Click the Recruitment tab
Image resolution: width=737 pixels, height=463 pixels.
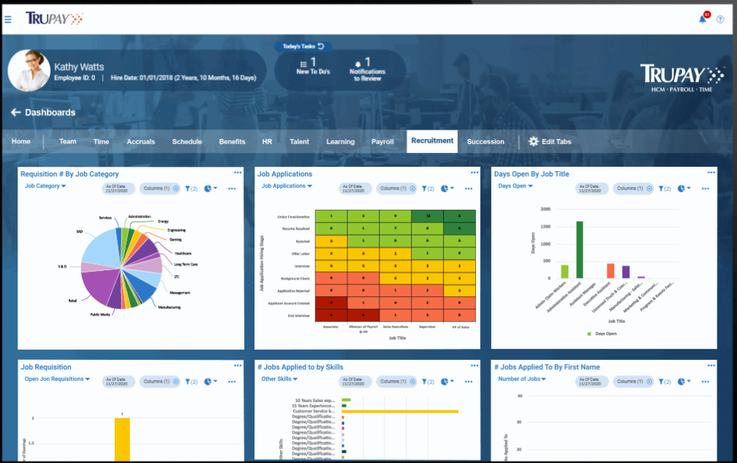point(432,141)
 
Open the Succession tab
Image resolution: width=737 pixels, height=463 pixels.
point(485,142)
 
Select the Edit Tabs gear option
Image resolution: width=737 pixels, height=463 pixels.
point(549,142)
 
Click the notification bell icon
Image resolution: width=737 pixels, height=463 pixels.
point(703,19)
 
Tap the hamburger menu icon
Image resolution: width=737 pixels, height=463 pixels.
point(8,19)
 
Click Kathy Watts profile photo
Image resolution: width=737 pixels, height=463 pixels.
point(29,71)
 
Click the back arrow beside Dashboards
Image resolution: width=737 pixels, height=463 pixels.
point(15,113)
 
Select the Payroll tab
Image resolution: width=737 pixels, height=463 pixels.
point(382,142)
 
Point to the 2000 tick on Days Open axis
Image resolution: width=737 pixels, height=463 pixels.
point(545,208)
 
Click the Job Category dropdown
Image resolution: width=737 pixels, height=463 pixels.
point(45,187)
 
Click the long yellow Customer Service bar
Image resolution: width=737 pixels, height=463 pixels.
point(400,412)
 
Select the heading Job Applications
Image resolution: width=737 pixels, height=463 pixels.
point(285,174)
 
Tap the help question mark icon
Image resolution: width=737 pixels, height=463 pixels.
point(720,19)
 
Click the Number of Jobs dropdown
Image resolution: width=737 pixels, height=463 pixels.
point(523,380)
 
